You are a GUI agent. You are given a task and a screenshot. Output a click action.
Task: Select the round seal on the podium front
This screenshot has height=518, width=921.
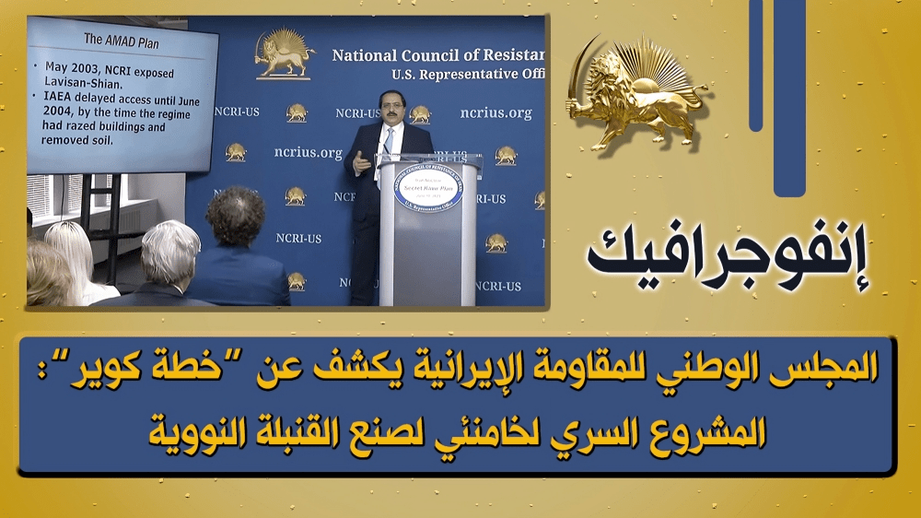tap(427, 190)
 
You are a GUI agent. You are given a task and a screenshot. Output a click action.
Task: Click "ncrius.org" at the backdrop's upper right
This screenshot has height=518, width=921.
tap(496, 113)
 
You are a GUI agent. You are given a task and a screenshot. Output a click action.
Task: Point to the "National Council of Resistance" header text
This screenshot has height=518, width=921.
tap(437, 55)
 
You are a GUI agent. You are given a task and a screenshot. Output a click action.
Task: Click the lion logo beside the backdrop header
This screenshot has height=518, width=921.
tap(285, 53)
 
